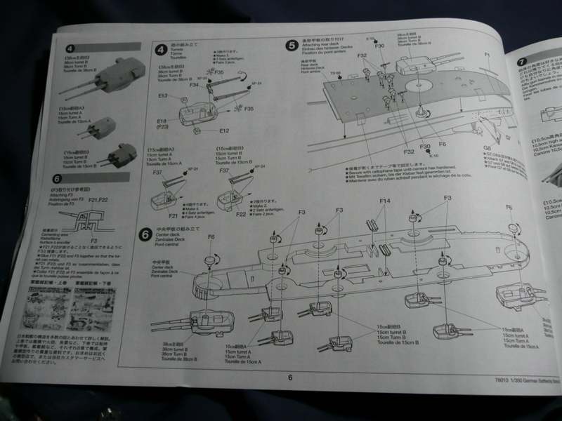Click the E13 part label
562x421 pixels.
click(x=162, y=95)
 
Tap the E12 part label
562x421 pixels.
click(x=224, y=131)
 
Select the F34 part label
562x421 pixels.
click(x=193, y=85)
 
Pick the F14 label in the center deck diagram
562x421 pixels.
click(x=384, y=201)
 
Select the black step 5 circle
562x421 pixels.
click(x=292, y=46)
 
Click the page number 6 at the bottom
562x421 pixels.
click(x=289, y=376)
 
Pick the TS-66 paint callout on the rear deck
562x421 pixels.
click(x=318, y=72)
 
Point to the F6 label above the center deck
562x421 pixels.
click(x=211, y=237)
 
